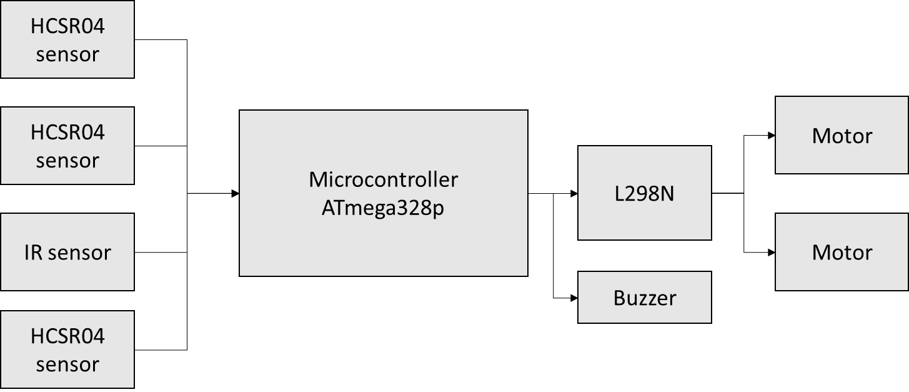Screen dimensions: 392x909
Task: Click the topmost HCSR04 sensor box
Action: click(67, 39)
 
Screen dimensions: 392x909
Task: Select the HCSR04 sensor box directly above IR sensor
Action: click(67, 146)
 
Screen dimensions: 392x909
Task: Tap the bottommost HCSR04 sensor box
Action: click(67, 349)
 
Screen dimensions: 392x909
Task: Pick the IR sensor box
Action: click(67, 252)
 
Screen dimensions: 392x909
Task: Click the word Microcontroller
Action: click(383, 180)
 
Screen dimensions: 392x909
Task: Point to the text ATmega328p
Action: click(383, 208)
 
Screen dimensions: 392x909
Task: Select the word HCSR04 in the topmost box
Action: click(67, 27)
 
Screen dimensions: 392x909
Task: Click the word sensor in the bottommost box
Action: click(67, 364)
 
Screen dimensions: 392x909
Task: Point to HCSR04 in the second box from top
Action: click(67, 133)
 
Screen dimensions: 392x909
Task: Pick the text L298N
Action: click(644, 194)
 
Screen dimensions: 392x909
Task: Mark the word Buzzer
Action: click(644, 298)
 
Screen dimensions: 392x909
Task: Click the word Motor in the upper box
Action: click(842, 136)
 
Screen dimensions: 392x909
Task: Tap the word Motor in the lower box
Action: click(842, 253)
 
